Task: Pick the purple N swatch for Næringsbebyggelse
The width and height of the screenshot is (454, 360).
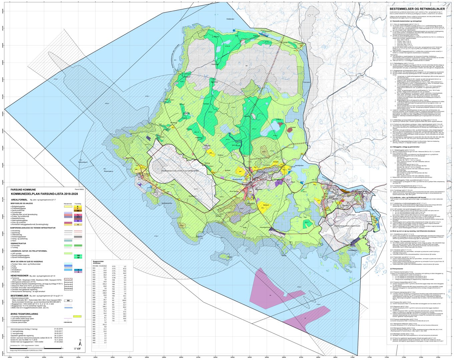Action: click(x=77, y=221)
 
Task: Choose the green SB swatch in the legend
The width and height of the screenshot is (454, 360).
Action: click(x=77, y=255)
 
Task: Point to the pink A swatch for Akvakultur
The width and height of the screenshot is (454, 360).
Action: click(x=77, y=272)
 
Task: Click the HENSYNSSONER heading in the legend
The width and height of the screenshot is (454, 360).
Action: click(x=21, y=276)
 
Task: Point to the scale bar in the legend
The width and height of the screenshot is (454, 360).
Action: click(x=43, y=348)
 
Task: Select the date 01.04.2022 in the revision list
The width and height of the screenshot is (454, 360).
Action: click(x=58, y=342)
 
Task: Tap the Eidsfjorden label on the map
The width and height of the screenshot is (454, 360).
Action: click(x=231, y=19)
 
